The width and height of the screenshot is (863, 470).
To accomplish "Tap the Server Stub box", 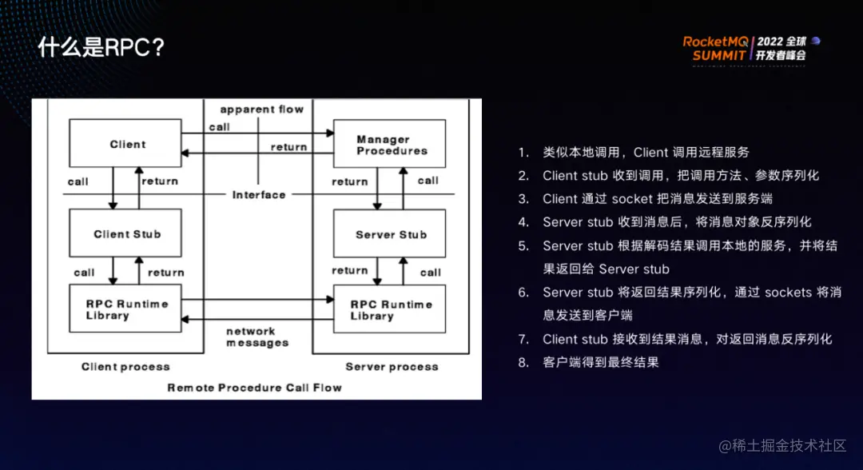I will click(x=390, y=234).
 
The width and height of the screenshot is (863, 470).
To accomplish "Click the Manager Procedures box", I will click(x=390, y=145).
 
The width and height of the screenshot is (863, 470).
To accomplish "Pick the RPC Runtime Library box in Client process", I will click(x=125, y=309).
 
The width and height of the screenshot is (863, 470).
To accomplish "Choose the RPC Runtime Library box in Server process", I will click(x=390, y=309).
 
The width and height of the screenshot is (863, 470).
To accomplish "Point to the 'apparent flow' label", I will click(x=261, y=110).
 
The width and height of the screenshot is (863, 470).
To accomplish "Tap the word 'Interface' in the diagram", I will click(x=259, y=194).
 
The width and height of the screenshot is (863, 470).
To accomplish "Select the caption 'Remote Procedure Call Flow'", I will click(x=254, y=388).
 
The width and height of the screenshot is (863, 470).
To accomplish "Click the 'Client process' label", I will click(x=125, y=367).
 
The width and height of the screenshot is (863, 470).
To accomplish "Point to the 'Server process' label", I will click(x=392, y=367).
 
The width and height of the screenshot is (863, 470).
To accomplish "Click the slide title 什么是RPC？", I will click(x=101, y=47).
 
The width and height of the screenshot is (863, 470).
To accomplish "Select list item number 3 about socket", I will click(x=657, y=198).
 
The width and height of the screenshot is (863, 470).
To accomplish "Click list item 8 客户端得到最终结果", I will click(x=600, y=362).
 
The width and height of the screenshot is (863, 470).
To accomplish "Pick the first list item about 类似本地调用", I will click(x=646, y=152).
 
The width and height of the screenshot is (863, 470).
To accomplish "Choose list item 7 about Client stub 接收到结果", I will click(x=687, y=339).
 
